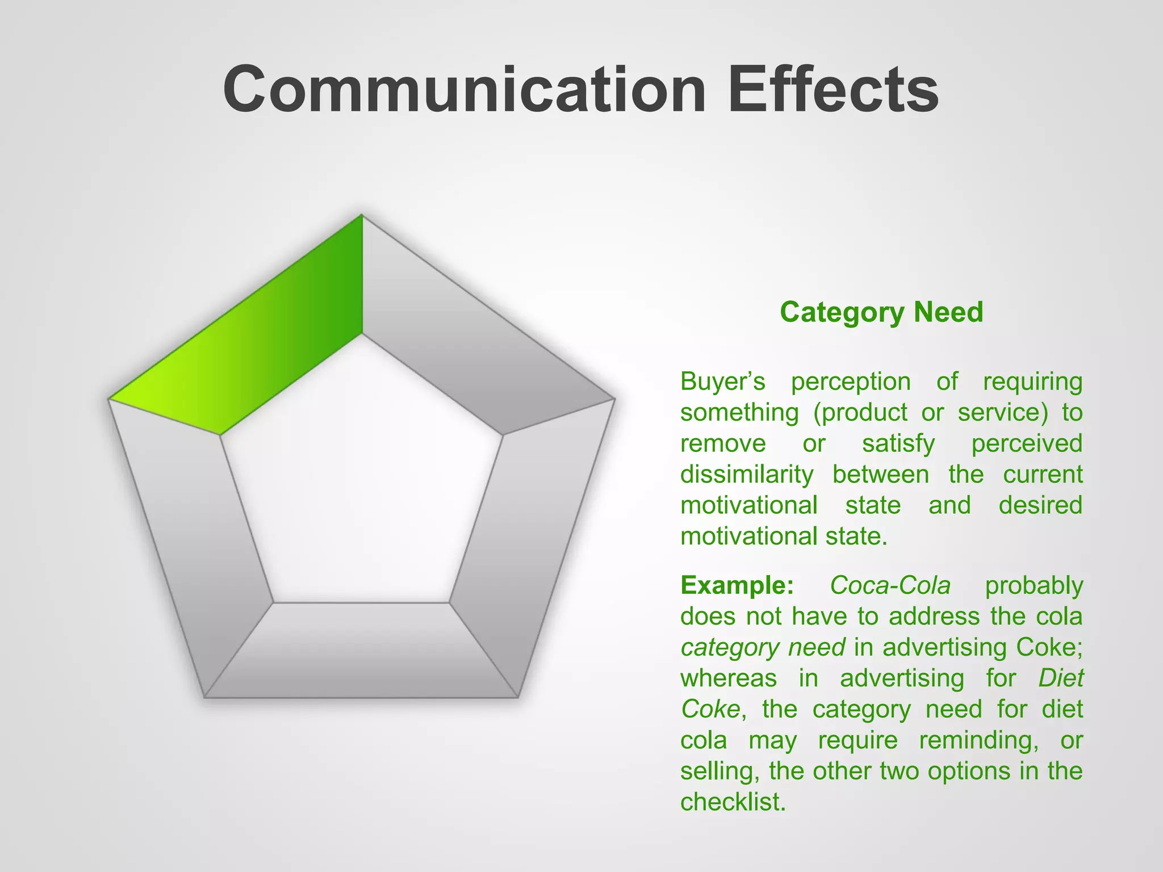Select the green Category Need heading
tap(881, 312)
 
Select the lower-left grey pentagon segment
tap(193, 539)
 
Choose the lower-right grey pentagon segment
tap(528, 539)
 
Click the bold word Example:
tap(737, 585)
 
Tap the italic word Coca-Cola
tap(890, 585)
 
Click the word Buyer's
tap(723, 381)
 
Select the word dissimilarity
tap(747, 475)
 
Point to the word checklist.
tap(733, 802)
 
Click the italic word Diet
tap(1061, 678)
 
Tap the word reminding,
tap(979, 740)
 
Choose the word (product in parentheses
tap(860, 413)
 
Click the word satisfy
tap(898, 443)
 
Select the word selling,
tap(719, 771)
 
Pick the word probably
tap(1034, 585)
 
